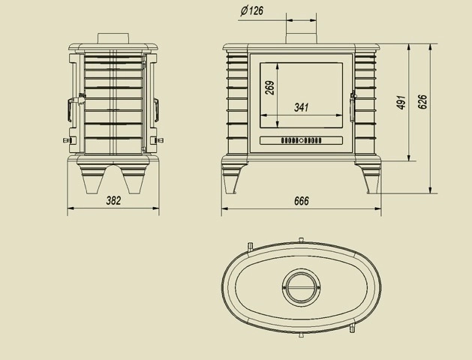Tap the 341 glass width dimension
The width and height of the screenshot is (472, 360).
[301, 107]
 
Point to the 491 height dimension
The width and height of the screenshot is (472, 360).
[401, 103]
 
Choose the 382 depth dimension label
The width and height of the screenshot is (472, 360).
[113, 200]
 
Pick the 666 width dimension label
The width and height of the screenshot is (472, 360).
[301, 201]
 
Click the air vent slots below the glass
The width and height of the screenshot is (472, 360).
[301, 140]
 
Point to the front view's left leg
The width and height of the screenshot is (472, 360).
[231, 179]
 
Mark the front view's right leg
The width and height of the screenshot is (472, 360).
[371, 179]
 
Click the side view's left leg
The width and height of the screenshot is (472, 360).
[92, 181]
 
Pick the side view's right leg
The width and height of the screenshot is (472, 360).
[136, 181]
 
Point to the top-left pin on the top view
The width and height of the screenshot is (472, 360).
[248, 244]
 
